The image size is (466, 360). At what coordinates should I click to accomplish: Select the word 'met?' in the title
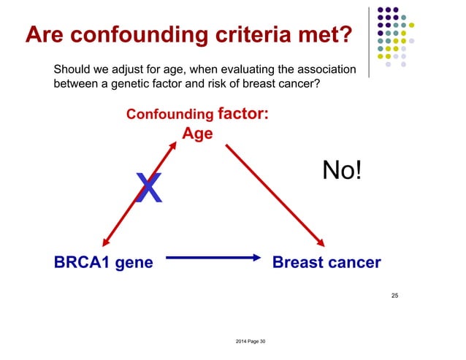pyautogui.click(x=323, y=34)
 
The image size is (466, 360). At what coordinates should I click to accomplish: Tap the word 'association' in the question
pyautogui.click(x=324, y=70)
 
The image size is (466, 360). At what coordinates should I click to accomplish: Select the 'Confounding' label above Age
pyautogui.click(x=169, y=115)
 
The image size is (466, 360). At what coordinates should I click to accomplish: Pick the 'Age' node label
pyautogui.click(x=197, y=134)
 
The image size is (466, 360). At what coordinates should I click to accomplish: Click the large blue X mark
pyautogui.click(x=149, y=188)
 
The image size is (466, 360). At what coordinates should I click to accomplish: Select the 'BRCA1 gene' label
pyautogui.click(x=103, y=262)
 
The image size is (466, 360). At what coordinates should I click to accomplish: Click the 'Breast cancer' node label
pyautogui.click(x=326, y=262)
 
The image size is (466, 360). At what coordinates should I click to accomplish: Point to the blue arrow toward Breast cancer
pyautogui.click(x=213, y=257)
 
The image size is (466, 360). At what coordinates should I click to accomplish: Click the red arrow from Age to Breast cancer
pyautogui.click(x=275, y=196)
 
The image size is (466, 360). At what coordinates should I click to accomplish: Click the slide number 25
pyautogui.click(x=394, y=296)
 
